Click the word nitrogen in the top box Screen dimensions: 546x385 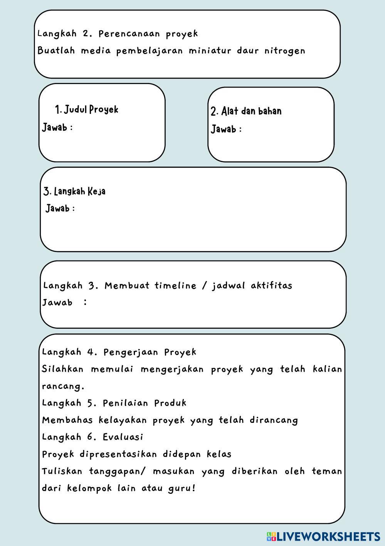[285, 51]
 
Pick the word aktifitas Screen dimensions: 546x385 [271, 286]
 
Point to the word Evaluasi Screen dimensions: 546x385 [123, 437]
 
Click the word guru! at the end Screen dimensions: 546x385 [182, 488]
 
